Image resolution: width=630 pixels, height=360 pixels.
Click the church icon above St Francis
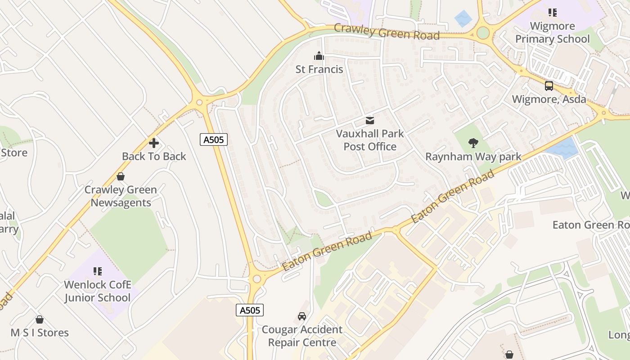click(319, 56)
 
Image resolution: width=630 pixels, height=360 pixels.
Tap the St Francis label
click(319, 69)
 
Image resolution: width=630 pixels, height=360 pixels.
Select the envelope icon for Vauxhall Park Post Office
click(370, 120)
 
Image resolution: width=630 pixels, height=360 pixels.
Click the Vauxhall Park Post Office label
click(370, 140)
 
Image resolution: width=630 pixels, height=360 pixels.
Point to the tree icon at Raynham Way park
click(473, 143)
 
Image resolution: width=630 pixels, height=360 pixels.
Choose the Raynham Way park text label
click(473, 157)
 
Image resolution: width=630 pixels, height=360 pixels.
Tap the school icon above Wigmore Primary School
click(552, 13)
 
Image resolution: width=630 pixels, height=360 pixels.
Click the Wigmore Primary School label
click(552, 32)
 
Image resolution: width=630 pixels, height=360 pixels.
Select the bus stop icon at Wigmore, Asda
click(549, 85)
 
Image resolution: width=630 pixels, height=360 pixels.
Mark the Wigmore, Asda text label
click(549, 99)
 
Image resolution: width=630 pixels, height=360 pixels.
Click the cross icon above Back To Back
click(154, 143)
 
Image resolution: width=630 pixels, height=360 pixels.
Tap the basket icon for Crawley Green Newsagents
click(121, 176)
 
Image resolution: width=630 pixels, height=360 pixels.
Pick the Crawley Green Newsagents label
click(121, 196)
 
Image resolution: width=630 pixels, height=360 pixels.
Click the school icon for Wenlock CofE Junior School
click(98, 271)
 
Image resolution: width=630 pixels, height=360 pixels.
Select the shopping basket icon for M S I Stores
click(40, 319)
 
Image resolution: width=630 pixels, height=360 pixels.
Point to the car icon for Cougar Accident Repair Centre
click(302, 316)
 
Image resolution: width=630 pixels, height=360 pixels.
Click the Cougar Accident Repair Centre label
click(302, 336)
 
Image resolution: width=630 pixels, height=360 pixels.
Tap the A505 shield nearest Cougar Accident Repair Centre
click(249, 310)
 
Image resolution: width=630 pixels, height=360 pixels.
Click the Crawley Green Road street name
click(387, 32)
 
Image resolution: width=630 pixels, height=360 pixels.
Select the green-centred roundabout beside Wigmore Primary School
click(483, 33)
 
